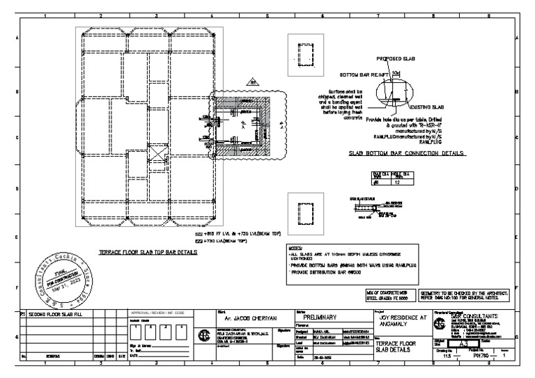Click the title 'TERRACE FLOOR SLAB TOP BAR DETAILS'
tap(147, 251)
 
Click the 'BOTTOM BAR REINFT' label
tap(362, 73)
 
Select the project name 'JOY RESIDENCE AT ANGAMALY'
tap(396, 318)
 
